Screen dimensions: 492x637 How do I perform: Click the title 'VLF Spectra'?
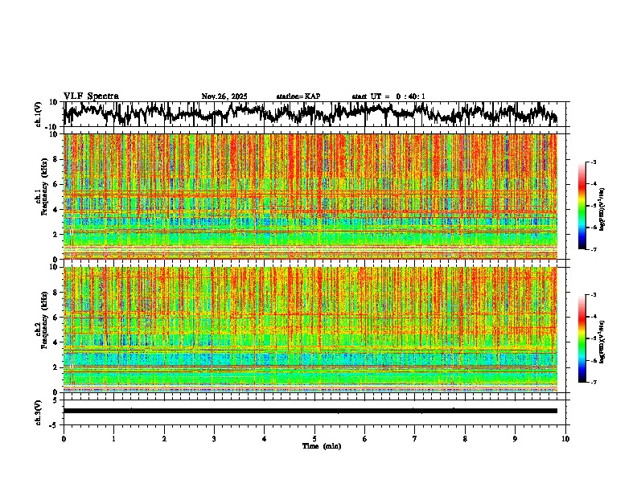point(91,96)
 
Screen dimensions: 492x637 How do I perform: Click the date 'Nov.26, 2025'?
point(224,96)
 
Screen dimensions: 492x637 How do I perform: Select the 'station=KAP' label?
point(298,96)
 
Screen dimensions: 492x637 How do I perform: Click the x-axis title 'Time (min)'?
point(321,445)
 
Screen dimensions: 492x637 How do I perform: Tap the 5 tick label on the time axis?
point(315,439)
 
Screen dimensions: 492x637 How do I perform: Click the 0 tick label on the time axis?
point(64,439)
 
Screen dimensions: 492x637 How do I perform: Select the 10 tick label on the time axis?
point(566,439)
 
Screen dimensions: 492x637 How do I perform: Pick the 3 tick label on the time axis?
point(215,439)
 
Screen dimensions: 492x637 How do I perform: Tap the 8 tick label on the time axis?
point(466,439)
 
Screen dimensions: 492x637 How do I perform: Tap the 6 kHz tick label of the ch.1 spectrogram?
point(57,184)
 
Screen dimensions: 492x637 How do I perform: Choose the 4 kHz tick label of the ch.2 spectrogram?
point(57,342)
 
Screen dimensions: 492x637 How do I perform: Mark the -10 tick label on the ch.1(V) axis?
point(52,127)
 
